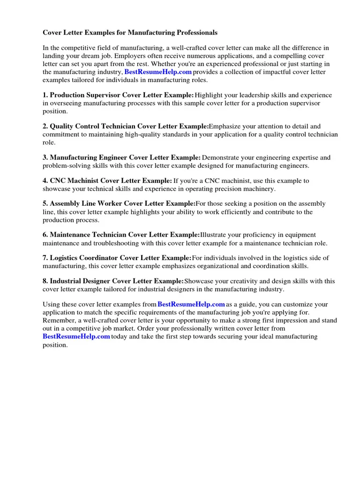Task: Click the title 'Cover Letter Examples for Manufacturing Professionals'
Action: [x=130, y=33]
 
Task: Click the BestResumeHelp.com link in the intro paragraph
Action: [x=158, y=72]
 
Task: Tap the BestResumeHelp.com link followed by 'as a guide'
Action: [x=191, y=304]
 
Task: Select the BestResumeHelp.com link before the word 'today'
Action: [x=76, y=337]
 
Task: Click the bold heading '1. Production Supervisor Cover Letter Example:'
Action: [x=118, y=95]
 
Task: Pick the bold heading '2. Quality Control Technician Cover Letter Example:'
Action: [x=126, y=126]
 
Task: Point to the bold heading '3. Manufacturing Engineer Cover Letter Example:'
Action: [x=122, y=157]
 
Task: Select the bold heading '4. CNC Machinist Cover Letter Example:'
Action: [x=107, y=180]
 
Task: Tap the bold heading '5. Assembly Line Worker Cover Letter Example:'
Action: [x=119, y=203]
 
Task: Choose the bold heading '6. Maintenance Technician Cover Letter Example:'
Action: [x=121, y=235]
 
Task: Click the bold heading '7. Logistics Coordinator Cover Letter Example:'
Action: [x=117, y=258]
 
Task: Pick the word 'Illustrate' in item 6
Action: [x=214, y=235]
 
